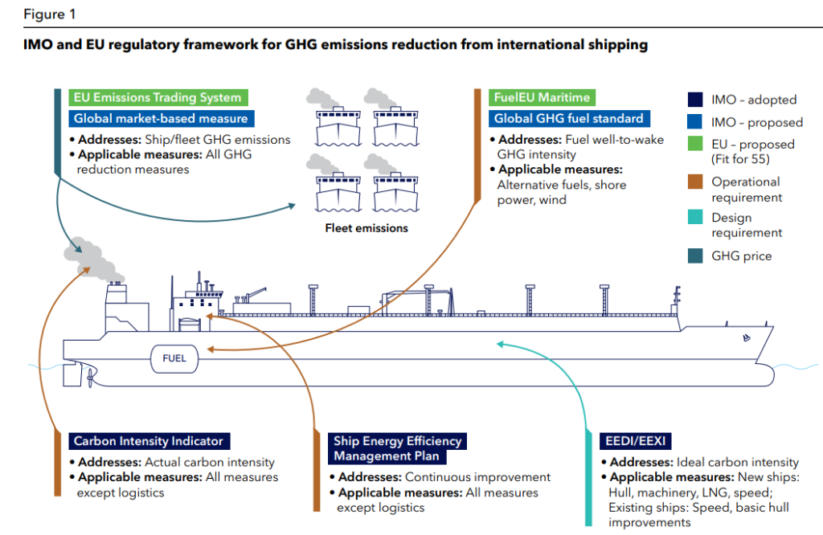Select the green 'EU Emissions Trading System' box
point(158,97)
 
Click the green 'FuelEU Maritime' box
point(543,97)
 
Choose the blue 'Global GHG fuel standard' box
point(568,118)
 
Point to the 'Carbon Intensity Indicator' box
point(149,441)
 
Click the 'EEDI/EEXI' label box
point(636,441)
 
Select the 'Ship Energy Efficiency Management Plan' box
point(398,448)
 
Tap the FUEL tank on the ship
point(174,358)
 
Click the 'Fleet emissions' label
point(366,228)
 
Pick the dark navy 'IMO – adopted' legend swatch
point(694,100)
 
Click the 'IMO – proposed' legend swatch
point(694,122)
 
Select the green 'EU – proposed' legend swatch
point(694,145)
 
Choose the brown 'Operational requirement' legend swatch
point(694,182)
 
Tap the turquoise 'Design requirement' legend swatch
point(694,218)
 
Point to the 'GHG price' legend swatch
point(694,256)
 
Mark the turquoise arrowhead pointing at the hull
point(500,345)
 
